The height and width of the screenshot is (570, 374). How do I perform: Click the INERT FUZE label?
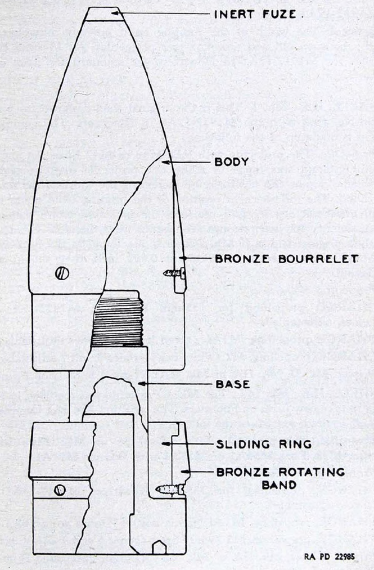[x=255, y=14]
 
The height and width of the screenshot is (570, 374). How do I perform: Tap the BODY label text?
[x=232, y=161]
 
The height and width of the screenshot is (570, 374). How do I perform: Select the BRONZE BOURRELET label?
[x=286, y=259]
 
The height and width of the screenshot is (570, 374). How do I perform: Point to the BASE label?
[x=233, y=384]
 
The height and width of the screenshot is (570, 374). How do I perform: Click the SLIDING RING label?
[x=264, y=444]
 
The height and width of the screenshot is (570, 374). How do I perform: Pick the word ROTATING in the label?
[x=312, y=472]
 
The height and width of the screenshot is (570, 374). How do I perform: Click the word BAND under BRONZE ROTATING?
[x=279, y=485]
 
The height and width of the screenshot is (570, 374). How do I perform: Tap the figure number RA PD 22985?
[x=330, y=556]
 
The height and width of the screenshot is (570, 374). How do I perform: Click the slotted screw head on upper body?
[x=62, y=273]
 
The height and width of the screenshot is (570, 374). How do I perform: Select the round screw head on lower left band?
[x=60, y=490]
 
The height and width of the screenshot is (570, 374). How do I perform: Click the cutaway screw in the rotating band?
[x=170, y=490]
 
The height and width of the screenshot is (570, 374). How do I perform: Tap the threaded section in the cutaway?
[x=117, y=321]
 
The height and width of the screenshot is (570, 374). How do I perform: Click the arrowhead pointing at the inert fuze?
[x=115, y=13]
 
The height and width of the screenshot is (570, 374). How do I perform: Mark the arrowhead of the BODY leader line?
[x=166, y=161]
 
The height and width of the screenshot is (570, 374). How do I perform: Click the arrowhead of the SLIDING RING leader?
[x=166, y=444]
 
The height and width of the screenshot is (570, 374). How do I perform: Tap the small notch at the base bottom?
[x=159, y=547]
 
